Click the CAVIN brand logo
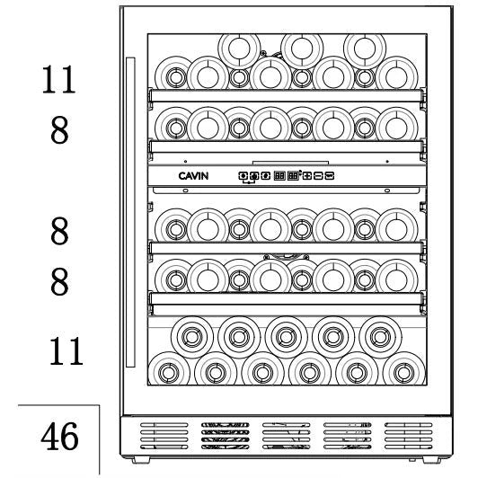pos(193,176)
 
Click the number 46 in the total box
pos(59,437)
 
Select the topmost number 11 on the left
pos(58,79)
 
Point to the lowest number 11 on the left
pos(66,351)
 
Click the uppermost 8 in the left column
pos(59,130)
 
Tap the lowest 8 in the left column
pos(59,281)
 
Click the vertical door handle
pos(130,212)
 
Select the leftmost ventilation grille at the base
pos(164,436)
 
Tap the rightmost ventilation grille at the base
pos(409,436)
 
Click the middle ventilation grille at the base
pos(287,436)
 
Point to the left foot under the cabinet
pos(140,460)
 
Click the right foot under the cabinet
pos(431,460)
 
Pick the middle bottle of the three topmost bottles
pos(302,49)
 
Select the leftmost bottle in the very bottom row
pos(169,369)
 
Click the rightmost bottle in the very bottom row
pos(404,369)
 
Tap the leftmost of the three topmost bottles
pos(239,49)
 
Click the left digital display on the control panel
pos(279,176)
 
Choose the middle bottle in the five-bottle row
pos(287,337)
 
